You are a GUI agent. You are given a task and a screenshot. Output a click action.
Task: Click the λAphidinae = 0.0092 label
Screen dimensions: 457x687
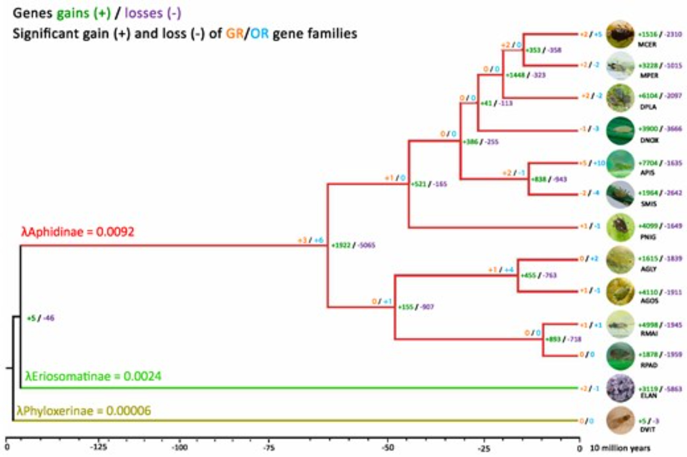pos(78,232)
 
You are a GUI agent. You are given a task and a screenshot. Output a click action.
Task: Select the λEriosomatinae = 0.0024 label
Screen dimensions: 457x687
pos(93,376)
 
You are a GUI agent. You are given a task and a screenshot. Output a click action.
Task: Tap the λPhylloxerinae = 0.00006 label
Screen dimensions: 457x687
pos(84,411)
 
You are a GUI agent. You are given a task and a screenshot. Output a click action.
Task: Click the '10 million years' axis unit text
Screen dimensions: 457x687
pos(620,448)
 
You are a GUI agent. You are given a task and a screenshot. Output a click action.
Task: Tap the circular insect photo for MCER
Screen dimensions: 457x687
pos(620,34)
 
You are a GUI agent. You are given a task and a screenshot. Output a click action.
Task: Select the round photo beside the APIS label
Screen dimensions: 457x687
pos(620,164)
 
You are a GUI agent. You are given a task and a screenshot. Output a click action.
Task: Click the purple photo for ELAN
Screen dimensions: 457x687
pos(620,389)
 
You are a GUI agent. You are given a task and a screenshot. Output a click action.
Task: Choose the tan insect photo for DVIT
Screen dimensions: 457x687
pos(620,420)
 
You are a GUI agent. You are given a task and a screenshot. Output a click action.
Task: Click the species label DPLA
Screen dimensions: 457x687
pos(648,107)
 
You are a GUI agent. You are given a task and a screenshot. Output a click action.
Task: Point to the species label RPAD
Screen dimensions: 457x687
pos(649,365)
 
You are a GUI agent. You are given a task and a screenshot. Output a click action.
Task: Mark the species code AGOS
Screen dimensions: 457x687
pos(649,301)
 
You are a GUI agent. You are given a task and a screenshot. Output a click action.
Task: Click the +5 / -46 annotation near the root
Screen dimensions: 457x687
pos(41,318)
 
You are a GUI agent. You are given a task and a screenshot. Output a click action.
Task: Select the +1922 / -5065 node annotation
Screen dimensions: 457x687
pos(353,245)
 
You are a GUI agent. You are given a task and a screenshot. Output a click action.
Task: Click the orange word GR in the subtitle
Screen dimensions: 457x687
pos(235,34)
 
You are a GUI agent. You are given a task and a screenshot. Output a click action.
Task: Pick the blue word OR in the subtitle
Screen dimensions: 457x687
pos(259,34)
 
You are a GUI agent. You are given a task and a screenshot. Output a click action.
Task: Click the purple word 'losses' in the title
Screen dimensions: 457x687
pos(144,13)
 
